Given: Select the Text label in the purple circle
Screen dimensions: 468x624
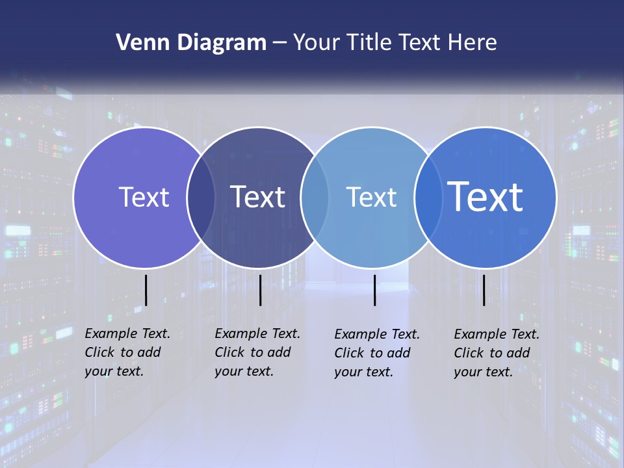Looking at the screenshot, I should click(x=144, y=197).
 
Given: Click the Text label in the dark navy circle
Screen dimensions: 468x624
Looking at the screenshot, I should click(x=258, y=197).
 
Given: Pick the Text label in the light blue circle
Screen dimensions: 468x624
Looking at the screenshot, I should click(x=371, y=197).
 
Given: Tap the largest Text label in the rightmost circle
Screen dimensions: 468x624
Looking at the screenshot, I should click(x=486, y=197).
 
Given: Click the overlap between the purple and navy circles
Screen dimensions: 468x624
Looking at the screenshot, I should click(x=201, y=197).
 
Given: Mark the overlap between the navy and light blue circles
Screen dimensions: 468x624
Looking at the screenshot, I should click(x=315, y=197).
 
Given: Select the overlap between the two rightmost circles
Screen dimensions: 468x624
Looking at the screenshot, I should click(x=428, y=197).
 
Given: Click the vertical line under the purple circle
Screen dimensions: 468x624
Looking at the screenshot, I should click(x=146, y=290).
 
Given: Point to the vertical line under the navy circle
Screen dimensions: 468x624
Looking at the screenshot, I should click(x=260, y=290).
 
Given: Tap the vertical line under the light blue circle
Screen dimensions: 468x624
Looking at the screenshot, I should click(x=374, y=290).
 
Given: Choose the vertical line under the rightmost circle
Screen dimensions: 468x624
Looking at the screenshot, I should click(x=484, y=290).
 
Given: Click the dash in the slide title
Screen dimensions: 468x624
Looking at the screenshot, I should click(x=279, y=44).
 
